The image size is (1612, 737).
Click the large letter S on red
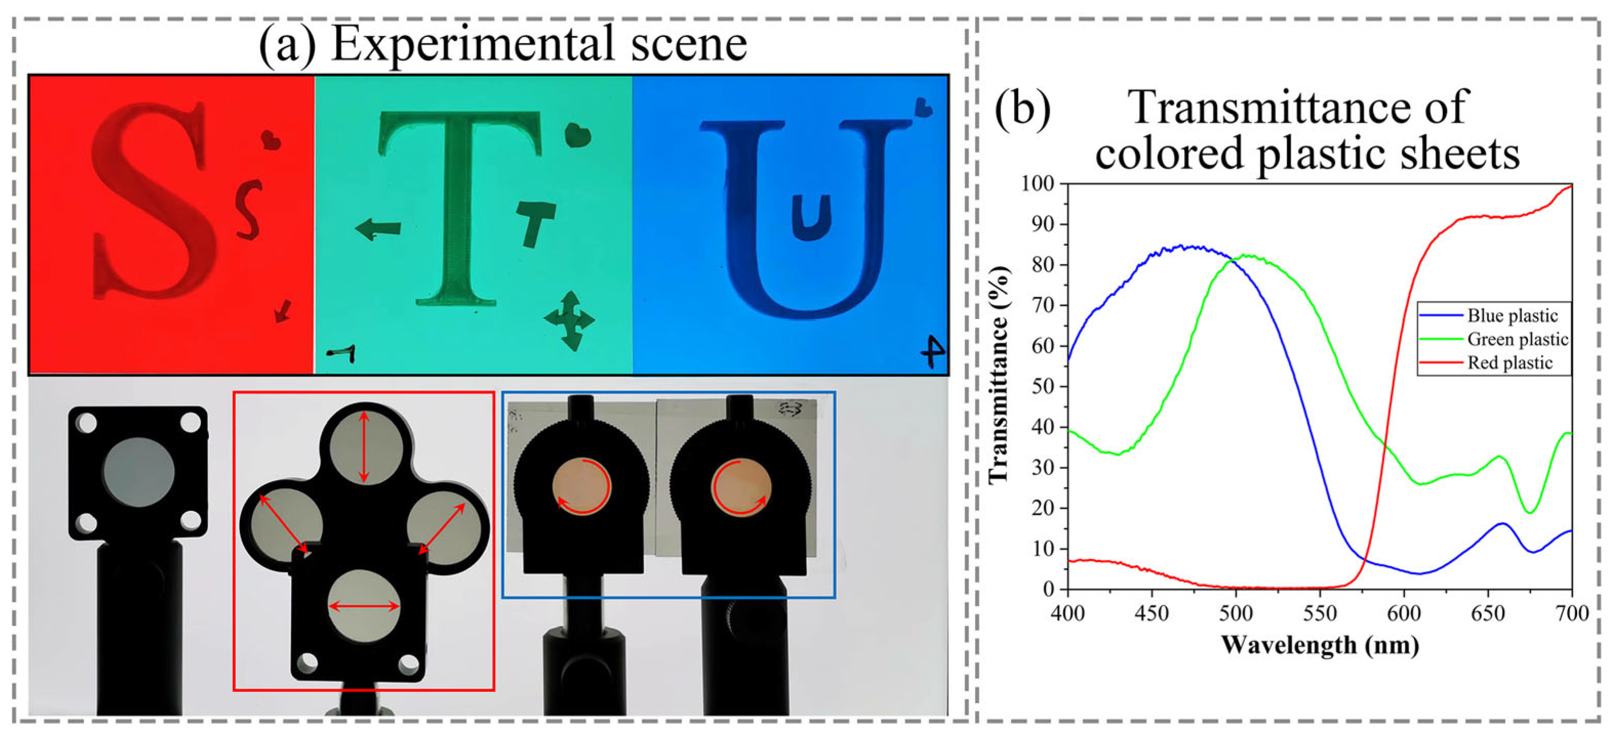(x=153, y=201)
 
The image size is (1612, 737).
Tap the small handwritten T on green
(x=535, y=222)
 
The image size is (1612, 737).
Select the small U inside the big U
(x=811, y=216)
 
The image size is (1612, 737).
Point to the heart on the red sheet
(x=271, y=140)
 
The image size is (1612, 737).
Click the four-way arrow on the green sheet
(x=569, y=320)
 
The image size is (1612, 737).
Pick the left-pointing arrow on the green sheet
(x=378, y=229)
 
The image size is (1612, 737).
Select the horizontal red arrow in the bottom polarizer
(x=364, y=606)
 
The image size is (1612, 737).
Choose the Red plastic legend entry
(x=1510, y=363)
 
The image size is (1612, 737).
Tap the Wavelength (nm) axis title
(x=1320, y=645)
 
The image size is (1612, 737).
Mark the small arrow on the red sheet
(x=283, y=310)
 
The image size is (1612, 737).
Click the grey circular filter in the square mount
(x=139, y=472)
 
